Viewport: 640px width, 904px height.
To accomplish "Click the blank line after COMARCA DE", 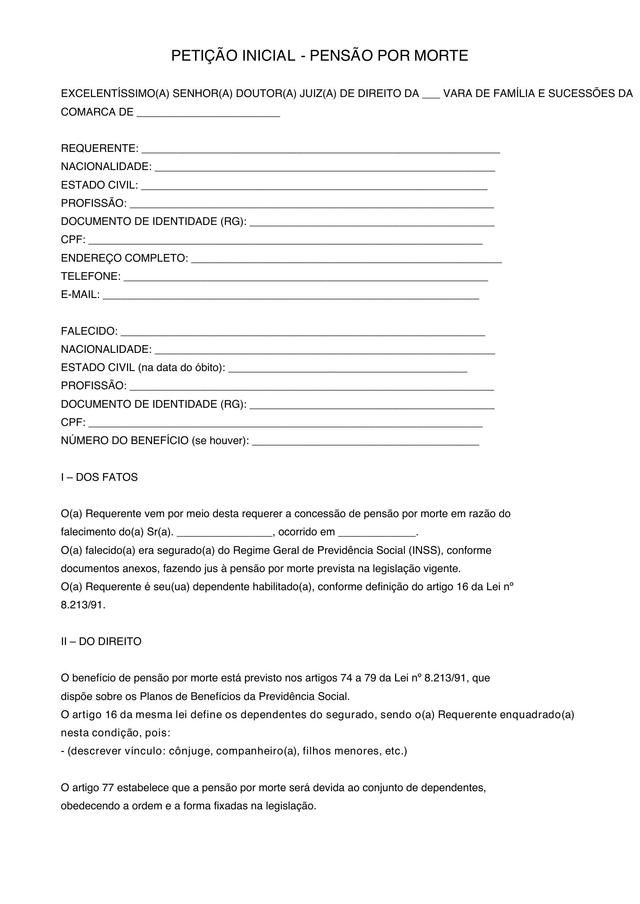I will click(x=208, y=114).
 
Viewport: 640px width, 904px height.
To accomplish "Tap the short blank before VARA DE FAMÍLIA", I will click(x=431, y=96).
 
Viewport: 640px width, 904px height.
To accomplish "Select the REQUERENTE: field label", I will click(x=100, y=148).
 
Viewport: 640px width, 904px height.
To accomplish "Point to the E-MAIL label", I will click(x=80, y=295).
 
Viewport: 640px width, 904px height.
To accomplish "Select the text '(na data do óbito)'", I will click(x=182, y=368).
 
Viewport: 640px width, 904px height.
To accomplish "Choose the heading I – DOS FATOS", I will click(x=99, y=477).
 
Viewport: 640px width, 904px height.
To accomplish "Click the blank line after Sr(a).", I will click(x=225, y=534).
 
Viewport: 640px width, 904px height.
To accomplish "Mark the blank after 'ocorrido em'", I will click(x=377, y=534).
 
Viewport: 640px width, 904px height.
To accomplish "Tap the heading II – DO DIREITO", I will click(x=101, y=642).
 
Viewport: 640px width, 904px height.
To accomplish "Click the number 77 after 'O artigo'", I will click(x=108, y=788).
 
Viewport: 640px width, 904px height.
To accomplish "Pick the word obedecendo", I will click(x=90, y=806).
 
